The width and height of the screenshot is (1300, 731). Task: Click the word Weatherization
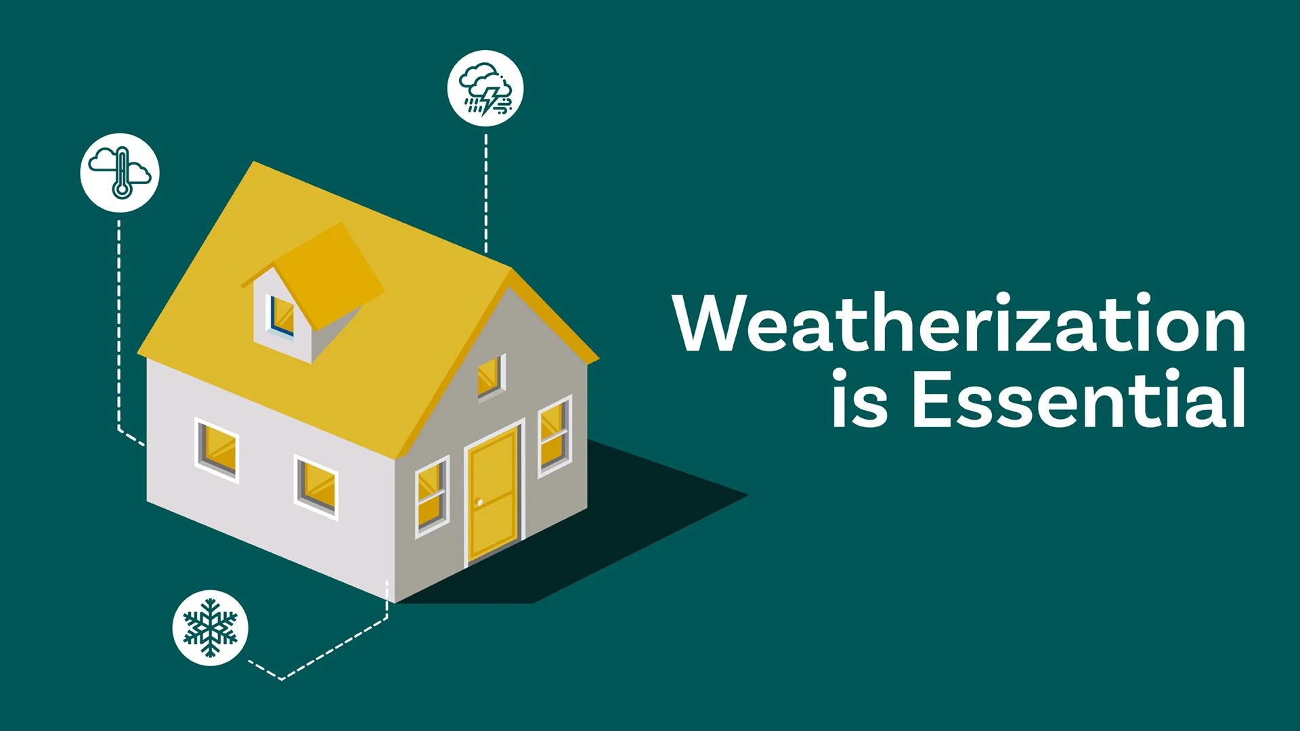[x=959, y=324]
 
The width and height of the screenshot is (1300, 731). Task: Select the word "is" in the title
[x=859, y=399]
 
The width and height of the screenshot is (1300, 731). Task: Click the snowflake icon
[x=211, y=627]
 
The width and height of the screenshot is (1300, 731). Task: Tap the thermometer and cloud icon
[x=120, y=173]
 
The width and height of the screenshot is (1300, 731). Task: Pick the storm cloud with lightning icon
[x=485, y=88]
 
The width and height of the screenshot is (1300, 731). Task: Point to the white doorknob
[x=479, y=502]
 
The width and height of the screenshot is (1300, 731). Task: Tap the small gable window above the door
[x=490, y=376]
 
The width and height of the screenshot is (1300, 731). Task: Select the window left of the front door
[x=431, y=496]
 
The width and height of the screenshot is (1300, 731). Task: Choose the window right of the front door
[x=554, y=436]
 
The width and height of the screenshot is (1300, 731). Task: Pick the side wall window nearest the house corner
[x=316, y=486]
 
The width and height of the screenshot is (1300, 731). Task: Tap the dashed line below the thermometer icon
[x=119, y=325]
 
